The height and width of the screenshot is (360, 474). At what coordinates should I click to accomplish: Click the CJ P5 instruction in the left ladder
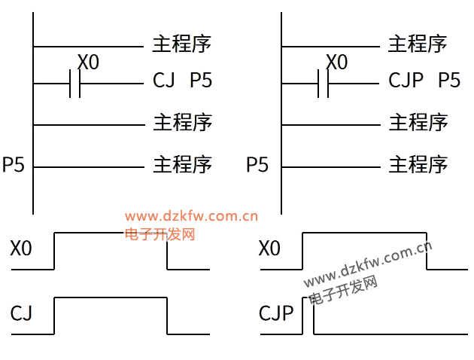pyautogui.click(x=182, y=81)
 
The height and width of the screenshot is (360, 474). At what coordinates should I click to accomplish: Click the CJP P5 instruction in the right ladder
pyautogui.click(x=424, y=81)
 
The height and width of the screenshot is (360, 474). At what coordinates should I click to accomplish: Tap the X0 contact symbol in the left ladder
pyautogui.click(x=74, y=84)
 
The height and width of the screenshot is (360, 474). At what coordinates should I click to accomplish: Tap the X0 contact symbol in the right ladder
pyautogui.click(x=323, y=84)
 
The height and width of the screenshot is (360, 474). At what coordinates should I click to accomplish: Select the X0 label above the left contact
pyautogui.click(x=88, y=63)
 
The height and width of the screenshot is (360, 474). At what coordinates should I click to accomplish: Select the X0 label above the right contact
pyautogui.click(x=336, y=63)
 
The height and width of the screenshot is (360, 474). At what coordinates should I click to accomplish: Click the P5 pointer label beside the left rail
pyautogui.click(x=14, y=164)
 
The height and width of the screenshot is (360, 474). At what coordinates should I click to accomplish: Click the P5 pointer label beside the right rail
pyautogui.click(x=257, y=164)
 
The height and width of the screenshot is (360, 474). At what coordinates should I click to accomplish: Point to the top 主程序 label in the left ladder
pyautogui.click(x=182, y=43)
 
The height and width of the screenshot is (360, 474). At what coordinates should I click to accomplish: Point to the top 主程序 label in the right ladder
pyautogui.click(x=418, y=43)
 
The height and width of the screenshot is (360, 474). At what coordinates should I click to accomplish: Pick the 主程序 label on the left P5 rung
pyautogui.click(x=182, y=163)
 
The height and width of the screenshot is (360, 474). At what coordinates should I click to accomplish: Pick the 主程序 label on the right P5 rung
pyautogui.click(x=418, y=163)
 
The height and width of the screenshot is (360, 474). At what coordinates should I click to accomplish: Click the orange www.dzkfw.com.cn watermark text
pyautogui.click(x=191, y=217)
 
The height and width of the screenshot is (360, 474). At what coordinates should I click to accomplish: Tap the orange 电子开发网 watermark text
pyautogui.click(x=160, y=234)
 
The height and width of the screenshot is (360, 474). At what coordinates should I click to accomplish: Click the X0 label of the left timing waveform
pyautogui.click(x=21, y=249)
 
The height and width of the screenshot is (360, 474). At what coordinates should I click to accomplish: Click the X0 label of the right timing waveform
pyautogui.click(x=269, y=249)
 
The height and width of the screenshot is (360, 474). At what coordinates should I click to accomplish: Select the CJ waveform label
pyautogui.click(x=21, y=313)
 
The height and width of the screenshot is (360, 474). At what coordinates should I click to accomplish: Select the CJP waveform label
pyautogui.click(x=275, y=313)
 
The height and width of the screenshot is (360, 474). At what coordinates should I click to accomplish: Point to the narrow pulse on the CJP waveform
pyautogui.click(x=308, y=315)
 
